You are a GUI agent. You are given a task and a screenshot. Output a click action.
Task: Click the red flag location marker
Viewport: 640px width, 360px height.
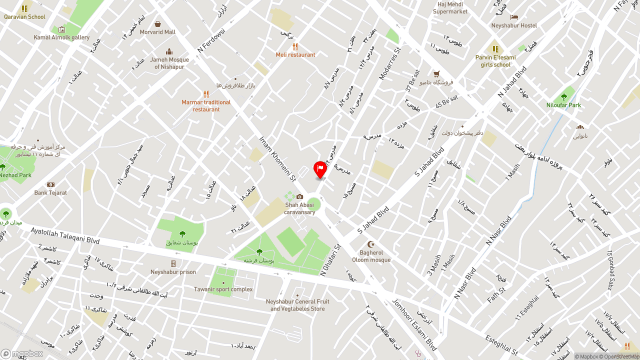(320, 169)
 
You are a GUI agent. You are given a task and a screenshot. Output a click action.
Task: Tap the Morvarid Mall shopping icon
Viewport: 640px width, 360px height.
(157, 24)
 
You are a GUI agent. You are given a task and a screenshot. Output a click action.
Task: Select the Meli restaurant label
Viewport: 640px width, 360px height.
(295, 55)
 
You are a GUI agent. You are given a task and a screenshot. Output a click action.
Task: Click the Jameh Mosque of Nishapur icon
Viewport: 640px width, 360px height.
(169, 51)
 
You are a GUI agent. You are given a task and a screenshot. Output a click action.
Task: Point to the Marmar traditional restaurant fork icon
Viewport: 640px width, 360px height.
(206, 94)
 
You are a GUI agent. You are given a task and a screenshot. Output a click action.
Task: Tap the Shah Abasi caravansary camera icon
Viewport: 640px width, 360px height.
(299, 196)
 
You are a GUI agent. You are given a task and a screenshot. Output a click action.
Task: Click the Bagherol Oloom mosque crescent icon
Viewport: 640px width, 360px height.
(371, 244)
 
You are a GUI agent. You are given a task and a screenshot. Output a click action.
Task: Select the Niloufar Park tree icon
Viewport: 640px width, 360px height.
(564, 97)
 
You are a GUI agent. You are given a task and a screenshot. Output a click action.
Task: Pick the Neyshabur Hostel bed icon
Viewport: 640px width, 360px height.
(514, 17)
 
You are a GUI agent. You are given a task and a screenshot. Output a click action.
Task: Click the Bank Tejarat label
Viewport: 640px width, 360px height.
(50, 193)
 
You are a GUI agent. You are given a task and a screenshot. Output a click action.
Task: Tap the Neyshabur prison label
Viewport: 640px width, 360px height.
(173, 272)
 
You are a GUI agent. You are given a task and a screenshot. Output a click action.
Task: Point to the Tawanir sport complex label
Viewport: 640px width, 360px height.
(223, 289)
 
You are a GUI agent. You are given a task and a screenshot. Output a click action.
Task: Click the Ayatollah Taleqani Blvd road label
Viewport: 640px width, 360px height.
(65, 235)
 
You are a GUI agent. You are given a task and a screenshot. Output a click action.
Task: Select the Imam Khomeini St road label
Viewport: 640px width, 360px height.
(277, 158)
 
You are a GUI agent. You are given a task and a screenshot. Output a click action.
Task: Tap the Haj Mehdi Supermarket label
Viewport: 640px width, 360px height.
(450, 8)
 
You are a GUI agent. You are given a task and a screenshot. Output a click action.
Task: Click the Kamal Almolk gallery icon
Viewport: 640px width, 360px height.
(61, 29)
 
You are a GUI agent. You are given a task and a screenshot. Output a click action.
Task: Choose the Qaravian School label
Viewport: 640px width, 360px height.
(24, 17)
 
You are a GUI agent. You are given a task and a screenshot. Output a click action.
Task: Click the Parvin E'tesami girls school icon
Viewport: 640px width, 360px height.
(495, 49)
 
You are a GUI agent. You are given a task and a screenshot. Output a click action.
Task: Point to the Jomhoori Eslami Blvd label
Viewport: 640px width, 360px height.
(414, 325)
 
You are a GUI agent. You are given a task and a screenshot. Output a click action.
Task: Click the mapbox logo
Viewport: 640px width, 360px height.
(21, 353)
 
